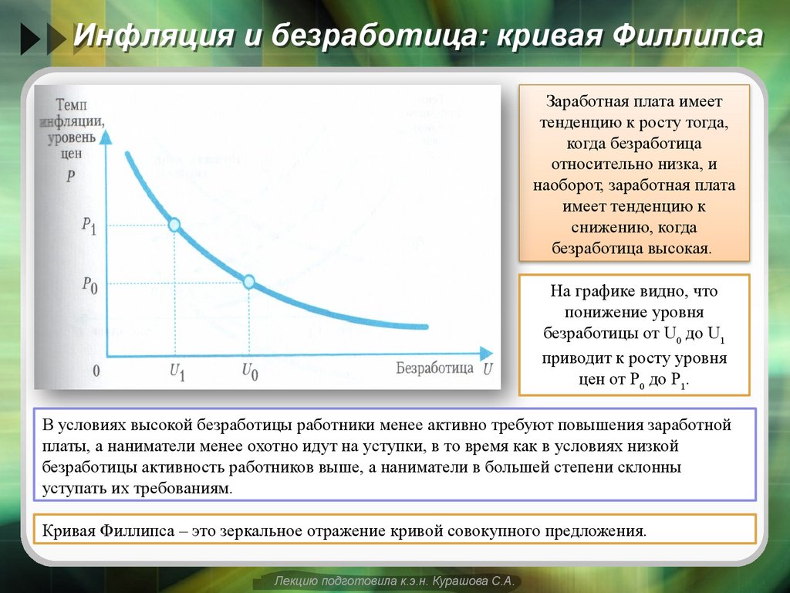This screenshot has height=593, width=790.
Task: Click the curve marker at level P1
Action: click(174, 225)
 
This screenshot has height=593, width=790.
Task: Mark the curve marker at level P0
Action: click(248, 282)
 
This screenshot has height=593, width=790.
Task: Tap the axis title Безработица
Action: click(434, 368)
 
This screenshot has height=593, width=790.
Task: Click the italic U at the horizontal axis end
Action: click(488, 368)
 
